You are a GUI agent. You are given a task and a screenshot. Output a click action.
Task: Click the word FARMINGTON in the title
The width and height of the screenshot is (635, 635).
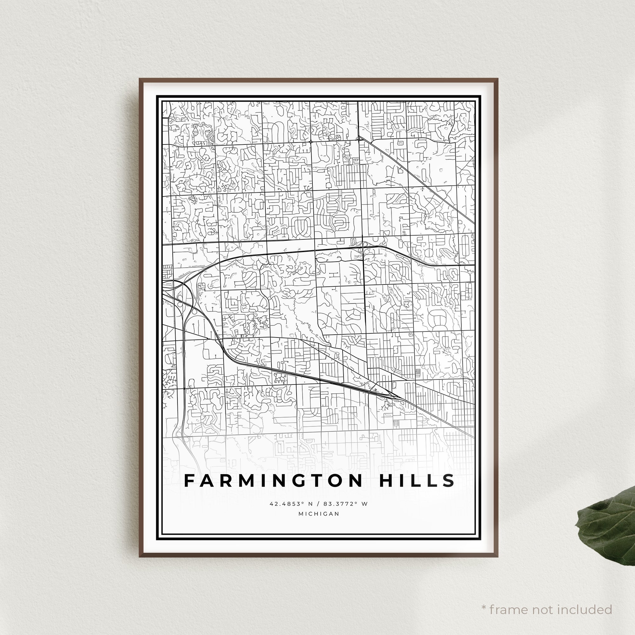coord(273,480)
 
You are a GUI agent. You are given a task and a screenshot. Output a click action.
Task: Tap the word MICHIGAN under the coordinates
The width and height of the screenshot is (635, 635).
coord(318,514)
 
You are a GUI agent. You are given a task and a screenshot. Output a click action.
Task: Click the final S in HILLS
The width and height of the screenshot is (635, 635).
coord(450,480)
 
